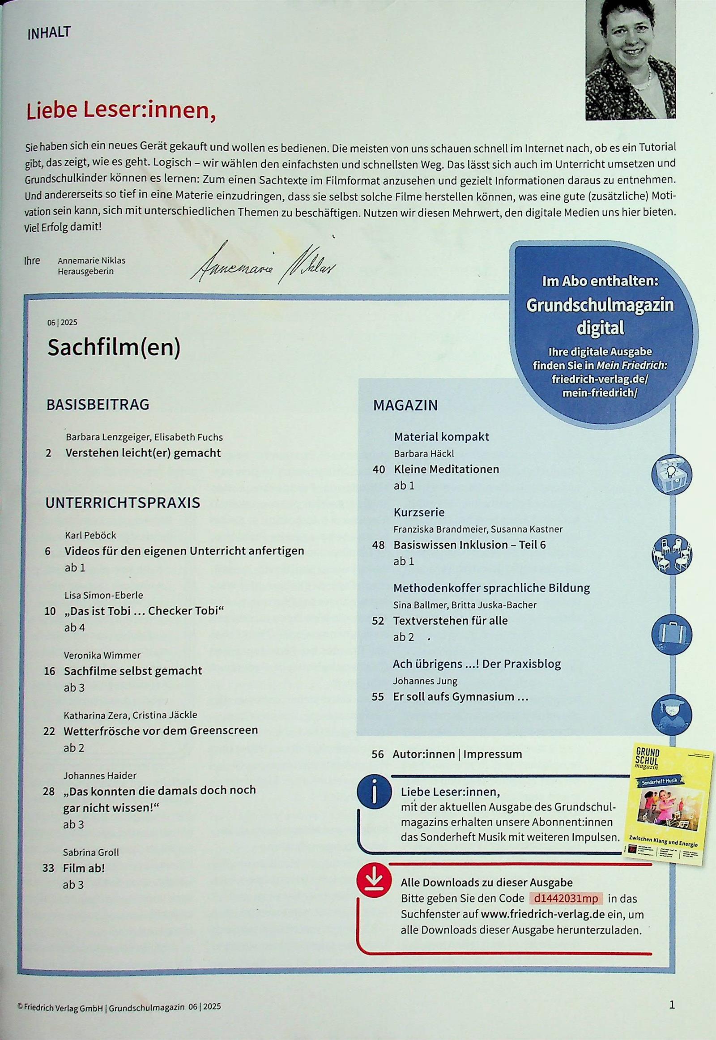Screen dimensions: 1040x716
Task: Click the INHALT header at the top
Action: click(49, 33)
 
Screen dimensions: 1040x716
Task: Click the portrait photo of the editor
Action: click(630, 59)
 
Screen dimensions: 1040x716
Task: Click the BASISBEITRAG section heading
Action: click(98, 404)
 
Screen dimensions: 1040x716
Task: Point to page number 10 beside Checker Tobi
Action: click(50, 611)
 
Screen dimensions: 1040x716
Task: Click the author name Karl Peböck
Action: click(91, 535)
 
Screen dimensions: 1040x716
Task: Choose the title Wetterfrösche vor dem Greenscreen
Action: click(161, 730)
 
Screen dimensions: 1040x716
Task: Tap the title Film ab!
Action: click(83, 868)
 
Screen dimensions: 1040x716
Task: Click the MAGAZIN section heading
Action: click(405, 405)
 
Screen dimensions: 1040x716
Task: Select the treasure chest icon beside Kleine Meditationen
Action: click(671, 474)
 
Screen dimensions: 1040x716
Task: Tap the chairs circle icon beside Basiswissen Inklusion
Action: click(671, 554)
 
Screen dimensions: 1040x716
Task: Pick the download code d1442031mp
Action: click(566, 899)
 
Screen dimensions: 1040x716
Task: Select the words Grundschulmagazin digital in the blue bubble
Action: click(600, 316)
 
